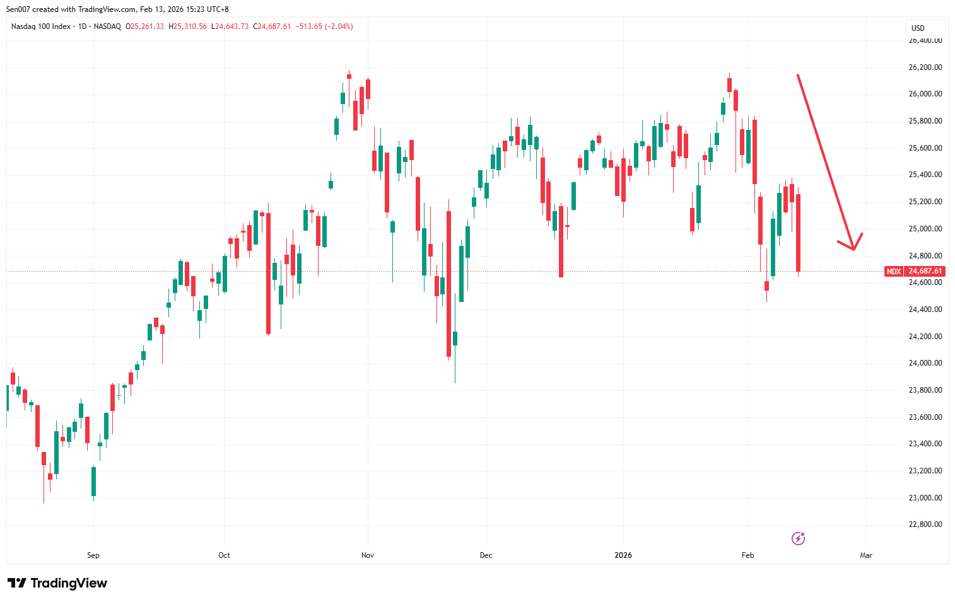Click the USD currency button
click(x=918, y=28)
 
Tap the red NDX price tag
click(x=893, y=272)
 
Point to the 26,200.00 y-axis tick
click(x=925, y=67)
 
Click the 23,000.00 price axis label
click(x=925, y=498)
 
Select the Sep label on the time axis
click(x=93, y=555)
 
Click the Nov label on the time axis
click(x=368, y=555)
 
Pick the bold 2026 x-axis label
click(x=623, y=555)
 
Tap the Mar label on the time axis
click(x=866, y=555)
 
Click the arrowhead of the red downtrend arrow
click(x=853, y=248)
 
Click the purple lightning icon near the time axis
click(x=798, y=538)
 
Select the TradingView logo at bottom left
click(x=57, y=583)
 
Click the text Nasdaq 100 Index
click(x=41, y=26)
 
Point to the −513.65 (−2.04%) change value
click(x=324, y=26)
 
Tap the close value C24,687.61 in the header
click(x=272, y=26)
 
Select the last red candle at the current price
click(x=799, y=233)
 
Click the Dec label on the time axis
click(x=486, y=555)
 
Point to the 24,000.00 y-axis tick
click(x=925, y=363)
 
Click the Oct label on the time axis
click(x=224, y=555)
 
